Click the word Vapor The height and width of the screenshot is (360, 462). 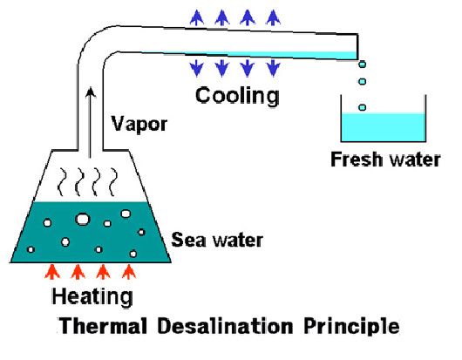tap(139, 125)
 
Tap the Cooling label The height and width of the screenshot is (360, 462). tap(237, 96)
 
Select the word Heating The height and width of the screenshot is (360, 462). tap(92, 297)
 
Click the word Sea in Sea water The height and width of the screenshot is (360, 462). tap(188, 240)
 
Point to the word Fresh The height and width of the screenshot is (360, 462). tap(357, 160)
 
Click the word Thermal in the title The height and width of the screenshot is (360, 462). tap(103, 326)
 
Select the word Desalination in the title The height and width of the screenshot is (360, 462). tap(225, 326)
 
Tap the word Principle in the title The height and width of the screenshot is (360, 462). tap(351, 327)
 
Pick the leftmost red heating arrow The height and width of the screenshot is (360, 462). tap(52, 272)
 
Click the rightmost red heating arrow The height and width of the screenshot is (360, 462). tap(129, 272)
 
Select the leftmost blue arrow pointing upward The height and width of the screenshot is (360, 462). tap(197, 17)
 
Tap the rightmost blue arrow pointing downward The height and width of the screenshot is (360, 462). tap(273, 68)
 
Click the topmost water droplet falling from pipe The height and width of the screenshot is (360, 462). tap(363, 64)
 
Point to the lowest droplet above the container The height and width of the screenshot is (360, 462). tap(363, 107)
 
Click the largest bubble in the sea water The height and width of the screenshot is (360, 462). tap(83, 219)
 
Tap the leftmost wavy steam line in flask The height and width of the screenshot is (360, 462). tap(61, 182)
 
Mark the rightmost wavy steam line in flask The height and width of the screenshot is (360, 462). tap(113, 182)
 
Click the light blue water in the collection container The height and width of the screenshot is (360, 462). tap(383, 127)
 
